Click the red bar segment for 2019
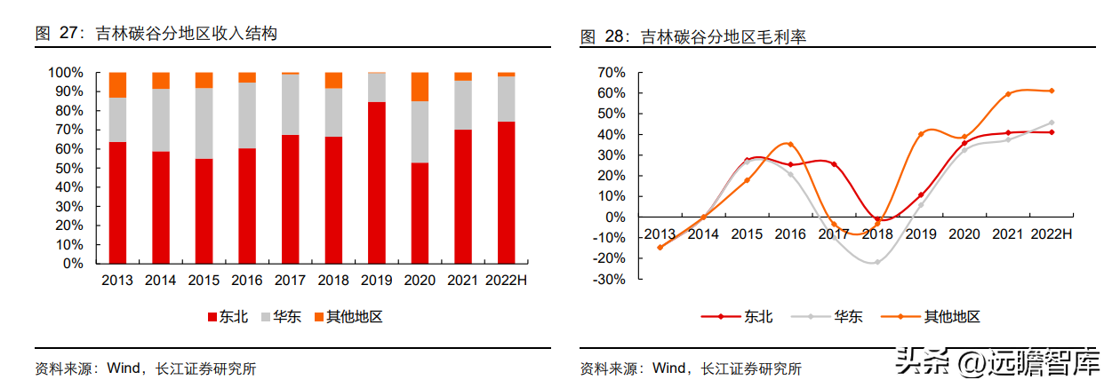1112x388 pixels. [x=377, y=182]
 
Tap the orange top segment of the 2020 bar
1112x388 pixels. [x=420, y=86]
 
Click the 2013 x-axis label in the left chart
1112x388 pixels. [x=117, y=281]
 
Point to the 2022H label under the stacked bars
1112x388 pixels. [x=506, y=281]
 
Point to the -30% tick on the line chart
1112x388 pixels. [x=610, y=279]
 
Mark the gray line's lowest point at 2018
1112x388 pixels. [x=877, y=262]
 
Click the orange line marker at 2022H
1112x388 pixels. [x=1052, y=91]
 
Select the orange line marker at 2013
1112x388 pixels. [x=660, y=247]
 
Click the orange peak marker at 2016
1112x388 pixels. [x=790, y=145]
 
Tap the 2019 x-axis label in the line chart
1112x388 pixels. [x=921, y=234]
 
